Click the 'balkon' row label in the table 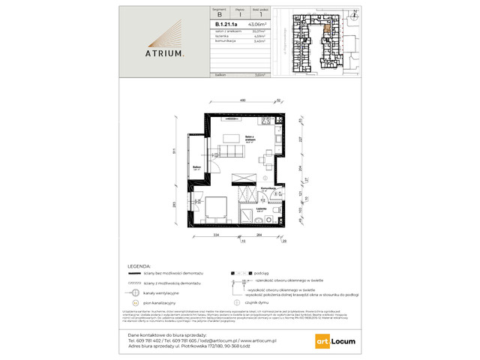(221, 75)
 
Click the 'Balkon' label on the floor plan (195, 167)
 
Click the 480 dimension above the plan (242, 101)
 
